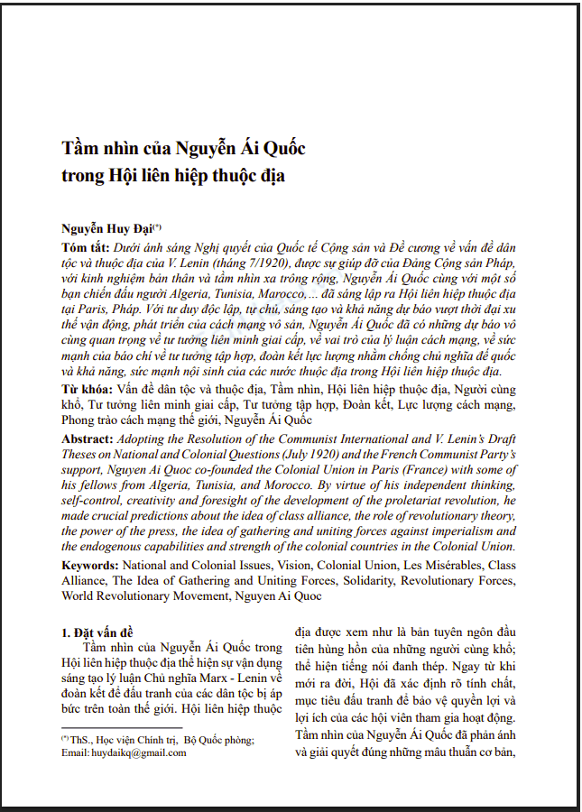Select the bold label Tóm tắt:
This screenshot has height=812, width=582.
pyautogui.click(x=85, y=247)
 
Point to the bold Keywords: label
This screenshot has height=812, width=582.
pyautogui.click(x=94, y=564)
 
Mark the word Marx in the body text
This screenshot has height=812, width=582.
pyautogui.click(x=215, y=678)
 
